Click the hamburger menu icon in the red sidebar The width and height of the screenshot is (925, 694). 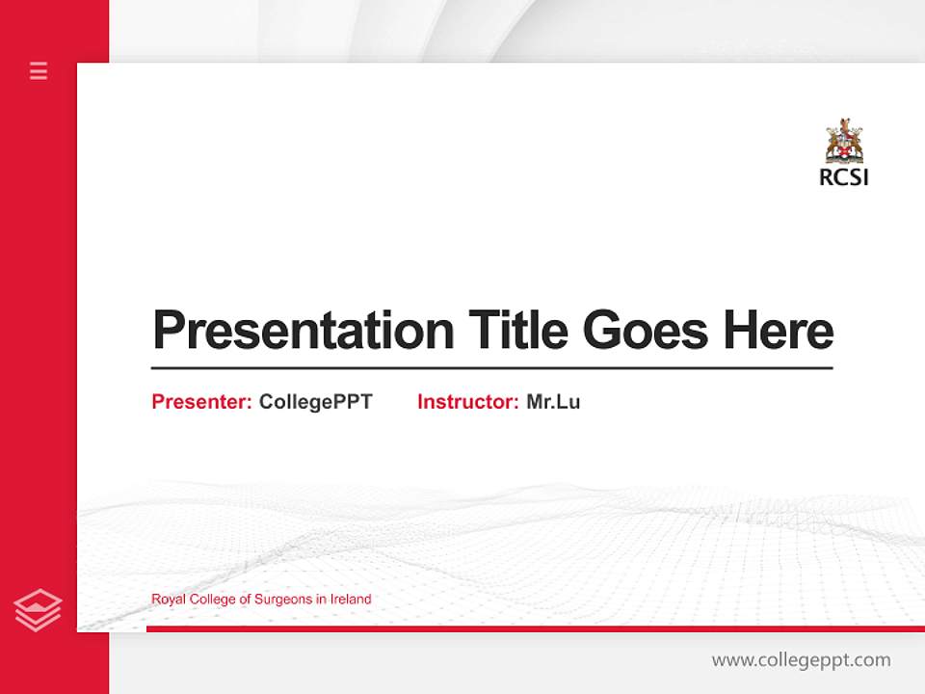39,70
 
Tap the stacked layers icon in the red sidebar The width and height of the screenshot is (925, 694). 39,610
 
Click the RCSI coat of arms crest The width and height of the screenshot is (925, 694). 844,143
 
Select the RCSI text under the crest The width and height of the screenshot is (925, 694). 844,177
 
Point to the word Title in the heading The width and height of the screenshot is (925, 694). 517,331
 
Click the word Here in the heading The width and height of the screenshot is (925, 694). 779,331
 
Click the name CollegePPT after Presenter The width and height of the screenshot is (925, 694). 315,402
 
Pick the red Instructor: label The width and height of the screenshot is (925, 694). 468,402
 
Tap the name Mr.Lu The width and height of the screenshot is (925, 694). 553,402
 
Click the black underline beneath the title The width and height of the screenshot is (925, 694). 491,368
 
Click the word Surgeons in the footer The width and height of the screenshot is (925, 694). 275,600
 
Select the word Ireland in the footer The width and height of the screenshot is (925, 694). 351,600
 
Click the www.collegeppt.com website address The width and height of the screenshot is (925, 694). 801,660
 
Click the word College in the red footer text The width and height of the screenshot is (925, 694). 207,600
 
